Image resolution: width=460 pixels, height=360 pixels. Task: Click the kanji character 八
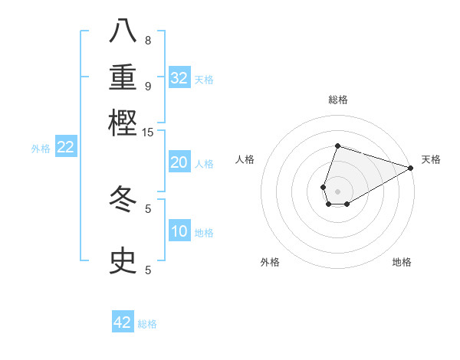point(123,31)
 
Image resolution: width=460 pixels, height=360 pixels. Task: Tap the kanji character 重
point(123,77)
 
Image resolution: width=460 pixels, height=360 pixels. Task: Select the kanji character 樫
point(123,123)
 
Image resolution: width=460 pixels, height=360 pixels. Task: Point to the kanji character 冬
point(123,199)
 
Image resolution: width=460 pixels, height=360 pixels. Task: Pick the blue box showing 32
point(179,78)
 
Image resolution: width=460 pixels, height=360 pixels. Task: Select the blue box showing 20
point(179,162)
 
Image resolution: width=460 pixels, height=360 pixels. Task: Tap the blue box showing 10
point(179,232)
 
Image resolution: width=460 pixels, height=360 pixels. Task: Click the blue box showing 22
point(65,148)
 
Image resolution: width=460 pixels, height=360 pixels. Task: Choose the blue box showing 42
point(123,322)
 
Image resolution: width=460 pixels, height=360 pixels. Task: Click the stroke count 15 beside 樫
point(147,132)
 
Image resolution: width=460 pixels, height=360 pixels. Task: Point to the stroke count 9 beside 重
point(148,86)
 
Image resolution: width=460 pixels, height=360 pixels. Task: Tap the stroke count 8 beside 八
point(148,40)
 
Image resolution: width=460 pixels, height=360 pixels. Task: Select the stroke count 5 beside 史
point(148,270)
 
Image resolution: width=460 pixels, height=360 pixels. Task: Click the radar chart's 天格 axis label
point(431,159)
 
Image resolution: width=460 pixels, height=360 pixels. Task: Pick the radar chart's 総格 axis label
point(337,100)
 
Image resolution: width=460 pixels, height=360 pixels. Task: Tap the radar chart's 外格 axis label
point(270,262)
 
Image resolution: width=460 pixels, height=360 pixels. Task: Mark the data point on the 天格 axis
point(411,168)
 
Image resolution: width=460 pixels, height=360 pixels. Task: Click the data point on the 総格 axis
point(337,146)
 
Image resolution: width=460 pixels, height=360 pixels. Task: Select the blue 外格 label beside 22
point(40,149)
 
